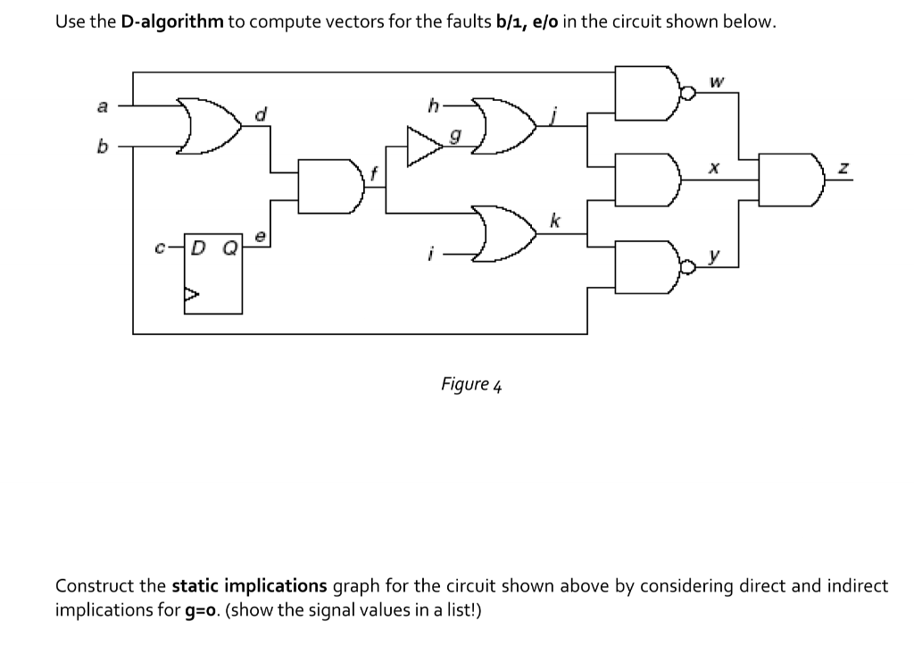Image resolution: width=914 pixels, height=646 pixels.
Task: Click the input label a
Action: [x=103, y=107]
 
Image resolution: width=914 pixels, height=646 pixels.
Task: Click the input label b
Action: [x=103, y=146]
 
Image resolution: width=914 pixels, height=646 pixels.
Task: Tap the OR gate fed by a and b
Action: [x=209, y=126]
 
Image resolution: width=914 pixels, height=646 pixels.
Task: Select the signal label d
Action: [x=262, y=113]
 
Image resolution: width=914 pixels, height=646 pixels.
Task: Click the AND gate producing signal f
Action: [x=330, y=186]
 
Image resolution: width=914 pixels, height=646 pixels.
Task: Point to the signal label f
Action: [x=374, y=172]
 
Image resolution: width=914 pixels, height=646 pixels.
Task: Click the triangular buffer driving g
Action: [x=425, y=146]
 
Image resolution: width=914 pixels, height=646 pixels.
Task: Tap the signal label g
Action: [x=456, y=137]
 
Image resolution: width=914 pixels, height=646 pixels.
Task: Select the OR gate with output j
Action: [x=504, y=126]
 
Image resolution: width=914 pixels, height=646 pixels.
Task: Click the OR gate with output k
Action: [x=504, y=233]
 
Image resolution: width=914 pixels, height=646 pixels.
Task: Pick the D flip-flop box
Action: [x=213, y=273]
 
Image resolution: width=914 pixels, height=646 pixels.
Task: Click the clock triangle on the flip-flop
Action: [x=191, y=294]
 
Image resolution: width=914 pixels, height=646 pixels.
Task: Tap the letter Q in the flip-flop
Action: [x=231, y=248]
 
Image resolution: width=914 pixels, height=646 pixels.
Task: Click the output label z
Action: [x=843, y=168]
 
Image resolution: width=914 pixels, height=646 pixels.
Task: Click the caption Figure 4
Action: [x=471, y=384]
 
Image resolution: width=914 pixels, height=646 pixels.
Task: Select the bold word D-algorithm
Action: [x=172, y=21]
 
